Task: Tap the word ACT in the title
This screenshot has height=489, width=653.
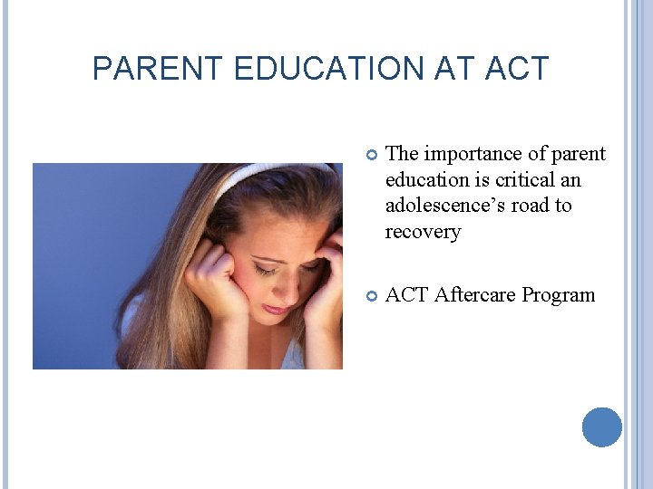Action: [517, 69]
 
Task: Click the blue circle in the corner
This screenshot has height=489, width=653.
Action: [602, 427]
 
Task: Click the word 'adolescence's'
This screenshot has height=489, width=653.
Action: [444, 206]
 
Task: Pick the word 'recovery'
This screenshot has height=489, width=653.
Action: [423, 232]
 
